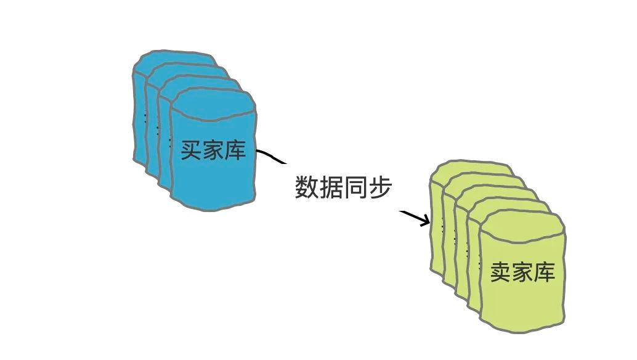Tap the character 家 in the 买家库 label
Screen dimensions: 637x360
coord(213,150)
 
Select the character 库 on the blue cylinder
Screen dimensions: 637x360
coord(235,150)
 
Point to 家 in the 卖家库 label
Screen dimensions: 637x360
coord(523,272)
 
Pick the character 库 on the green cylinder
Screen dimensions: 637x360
coord(545,272)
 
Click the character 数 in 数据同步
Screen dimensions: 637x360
coord(306,187)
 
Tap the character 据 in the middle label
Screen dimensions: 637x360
coord(331,187)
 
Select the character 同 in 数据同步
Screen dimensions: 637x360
coord(355,187)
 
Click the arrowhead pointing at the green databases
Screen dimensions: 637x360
coord(425,220)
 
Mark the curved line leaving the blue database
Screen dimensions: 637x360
coord(270,157)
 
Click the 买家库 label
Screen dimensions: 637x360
coord(213,150)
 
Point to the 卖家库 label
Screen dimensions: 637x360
coord(523,272)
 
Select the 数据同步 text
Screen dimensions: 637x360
coord(343,187)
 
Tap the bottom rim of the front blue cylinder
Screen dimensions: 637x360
coord(213,207)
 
